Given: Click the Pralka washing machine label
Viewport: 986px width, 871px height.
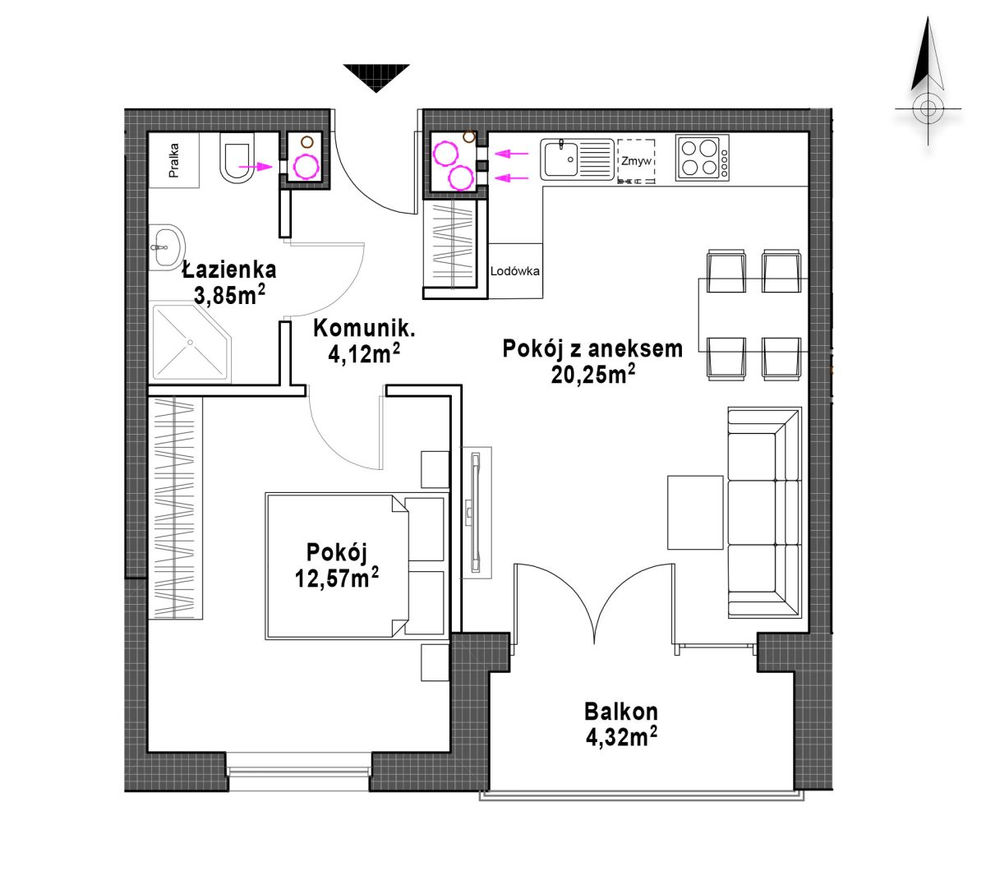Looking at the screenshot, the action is pos(173,160).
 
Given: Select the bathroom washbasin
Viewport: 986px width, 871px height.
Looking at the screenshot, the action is pos(166,247).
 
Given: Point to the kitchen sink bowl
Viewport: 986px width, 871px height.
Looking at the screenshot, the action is pos(560,159).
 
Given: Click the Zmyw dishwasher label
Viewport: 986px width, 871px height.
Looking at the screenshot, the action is pos(636,161).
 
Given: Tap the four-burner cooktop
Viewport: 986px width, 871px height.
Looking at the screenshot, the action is pos(702,158).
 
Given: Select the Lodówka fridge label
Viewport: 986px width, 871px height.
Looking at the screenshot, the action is pos(514,271).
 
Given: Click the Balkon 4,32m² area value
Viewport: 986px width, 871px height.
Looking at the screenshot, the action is pos(621,737).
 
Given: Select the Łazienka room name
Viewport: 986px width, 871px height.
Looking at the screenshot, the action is pos(229,270).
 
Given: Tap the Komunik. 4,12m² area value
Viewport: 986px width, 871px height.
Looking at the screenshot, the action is pos(363,353).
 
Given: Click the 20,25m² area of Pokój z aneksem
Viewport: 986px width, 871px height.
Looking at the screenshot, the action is pos(592,374).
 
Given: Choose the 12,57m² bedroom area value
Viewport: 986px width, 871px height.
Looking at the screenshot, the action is pos(337,578).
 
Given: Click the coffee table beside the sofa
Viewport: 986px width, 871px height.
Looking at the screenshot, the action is pos(695,512).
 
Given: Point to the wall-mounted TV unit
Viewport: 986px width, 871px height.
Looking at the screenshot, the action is pos(477,513).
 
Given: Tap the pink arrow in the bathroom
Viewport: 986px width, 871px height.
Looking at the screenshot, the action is pos(256,167).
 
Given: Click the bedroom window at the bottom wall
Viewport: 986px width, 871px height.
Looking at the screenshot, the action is pos(299,771).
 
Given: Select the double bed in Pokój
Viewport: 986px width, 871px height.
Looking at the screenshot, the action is pos(356,566).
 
